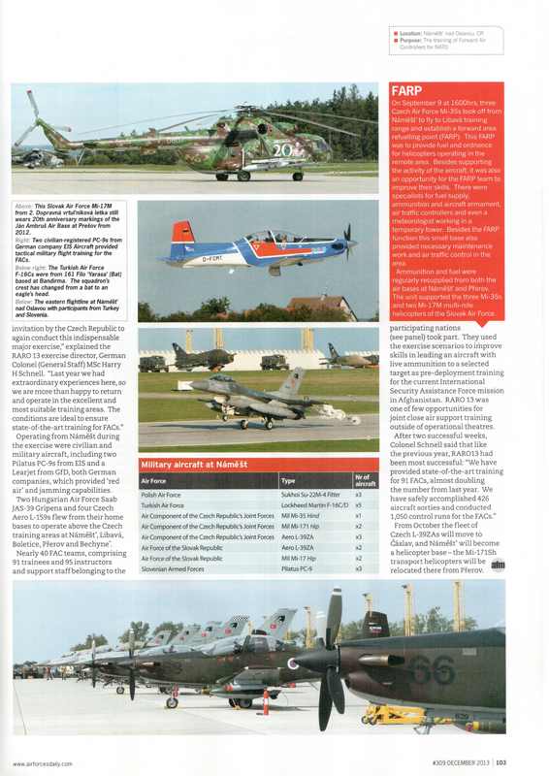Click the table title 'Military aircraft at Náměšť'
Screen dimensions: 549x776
194,466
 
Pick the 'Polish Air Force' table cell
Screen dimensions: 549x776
164,495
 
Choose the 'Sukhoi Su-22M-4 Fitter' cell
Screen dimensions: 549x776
309,495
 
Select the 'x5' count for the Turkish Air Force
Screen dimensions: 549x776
359,505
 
